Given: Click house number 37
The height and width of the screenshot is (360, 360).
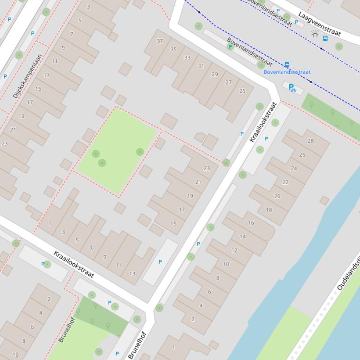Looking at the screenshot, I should [x=160, y=41].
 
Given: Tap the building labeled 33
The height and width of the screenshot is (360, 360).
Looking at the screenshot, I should [x=187, y=58].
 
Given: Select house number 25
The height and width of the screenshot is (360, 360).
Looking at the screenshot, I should [x=242, y=91].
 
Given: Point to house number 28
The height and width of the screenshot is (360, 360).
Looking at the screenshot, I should [x=311, y=141].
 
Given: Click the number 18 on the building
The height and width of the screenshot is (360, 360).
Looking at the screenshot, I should [x=269, y=210].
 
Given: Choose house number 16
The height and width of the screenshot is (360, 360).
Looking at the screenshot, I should [x=251, y=223].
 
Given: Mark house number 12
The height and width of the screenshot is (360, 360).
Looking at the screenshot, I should [x=235, y=250].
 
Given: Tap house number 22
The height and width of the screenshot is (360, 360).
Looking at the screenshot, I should [x=286, y=182].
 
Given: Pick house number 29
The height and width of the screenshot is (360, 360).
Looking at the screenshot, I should [x=215, y=74].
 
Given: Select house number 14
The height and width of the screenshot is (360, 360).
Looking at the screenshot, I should [x=242, y=236].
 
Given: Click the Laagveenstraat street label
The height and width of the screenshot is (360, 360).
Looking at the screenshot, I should [x=321, y=25].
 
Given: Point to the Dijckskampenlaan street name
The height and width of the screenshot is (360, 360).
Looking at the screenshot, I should [x=27, y=76].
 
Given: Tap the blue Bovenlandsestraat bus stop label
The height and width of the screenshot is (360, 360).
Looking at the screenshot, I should [x=287, y=72].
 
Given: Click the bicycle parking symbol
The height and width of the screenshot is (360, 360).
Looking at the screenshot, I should [x=292, y=87].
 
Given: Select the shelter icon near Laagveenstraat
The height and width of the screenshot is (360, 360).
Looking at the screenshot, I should [x=315, y=34].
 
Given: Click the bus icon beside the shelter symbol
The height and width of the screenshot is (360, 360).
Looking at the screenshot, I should [x=325, y=38].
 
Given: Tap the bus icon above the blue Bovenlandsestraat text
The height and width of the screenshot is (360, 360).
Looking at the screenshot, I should [x=287, y=65].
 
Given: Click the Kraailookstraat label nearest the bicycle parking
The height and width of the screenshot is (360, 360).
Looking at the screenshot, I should [x=264, y=122].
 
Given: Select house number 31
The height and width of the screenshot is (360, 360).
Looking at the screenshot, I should [x=201, y=66].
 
